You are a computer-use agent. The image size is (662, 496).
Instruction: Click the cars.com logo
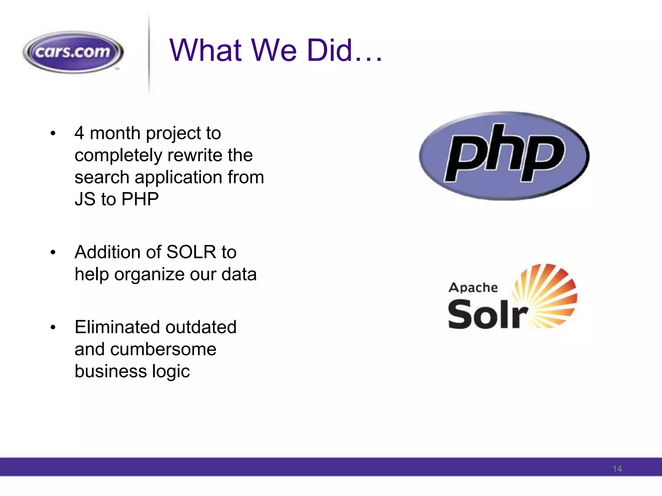tap(73, 52)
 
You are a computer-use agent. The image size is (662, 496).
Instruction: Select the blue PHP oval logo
tap(504, 156)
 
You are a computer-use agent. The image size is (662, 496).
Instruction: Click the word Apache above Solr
tap(473, 287)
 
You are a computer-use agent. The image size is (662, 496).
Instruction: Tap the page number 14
tap(617, 469)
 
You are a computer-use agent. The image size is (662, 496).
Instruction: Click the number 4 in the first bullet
tap(80, 133)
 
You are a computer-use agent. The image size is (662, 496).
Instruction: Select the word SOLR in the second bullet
tap(191, 252)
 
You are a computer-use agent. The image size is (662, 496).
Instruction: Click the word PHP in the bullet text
tap(140, 199)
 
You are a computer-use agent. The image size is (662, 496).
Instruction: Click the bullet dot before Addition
tap(53, 253)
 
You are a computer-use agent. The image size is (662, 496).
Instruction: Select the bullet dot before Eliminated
tap(53, 327)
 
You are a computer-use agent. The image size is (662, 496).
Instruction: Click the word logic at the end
tap(171, 371)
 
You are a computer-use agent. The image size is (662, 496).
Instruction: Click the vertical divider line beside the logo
tap(149, 55)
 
